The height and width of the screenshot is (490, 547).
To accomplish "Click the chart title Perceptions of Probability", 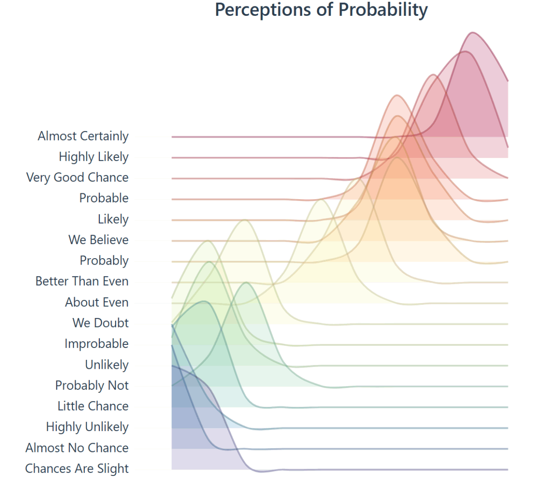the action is (321, 10).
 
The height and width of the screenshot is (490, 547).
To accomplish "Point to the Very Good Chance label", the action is (77, 178).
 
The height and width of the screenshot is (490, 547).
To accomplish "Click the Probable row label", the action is (104, 198).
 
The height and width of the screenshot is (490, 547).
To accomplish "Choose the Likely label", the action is (113, 219).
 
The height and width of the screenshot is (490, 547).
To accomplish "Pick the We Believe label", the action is (98, 240).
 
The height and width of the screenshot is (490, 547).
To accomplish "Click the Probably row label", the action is (104, 261).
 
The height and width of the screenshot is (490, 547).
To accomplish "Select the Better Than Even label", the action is (82, 281).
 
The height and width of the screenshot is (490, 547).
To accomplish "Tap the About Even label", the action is (97, 302).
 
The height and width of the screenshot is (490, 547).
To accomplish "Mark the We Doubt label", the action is (100, 323).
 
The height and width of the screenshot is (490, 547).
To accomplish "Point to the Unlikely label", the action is (107, 365).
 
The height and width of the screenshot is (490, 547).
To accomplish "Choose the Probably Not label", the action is (92, 386).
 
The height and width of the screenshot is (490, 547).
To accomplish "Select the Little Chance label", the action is (93, 406).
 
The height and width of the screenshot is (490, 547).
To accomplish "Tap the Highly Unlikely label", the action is (87, 427).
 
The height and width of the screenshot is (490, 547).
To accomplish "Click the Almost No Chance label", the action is (77, 448).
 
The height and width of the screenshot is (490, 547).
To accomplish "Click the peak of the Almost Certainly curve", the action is (473, 32).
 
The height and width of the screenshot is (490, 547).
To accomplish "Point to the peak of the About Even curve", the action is (321, 200).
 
